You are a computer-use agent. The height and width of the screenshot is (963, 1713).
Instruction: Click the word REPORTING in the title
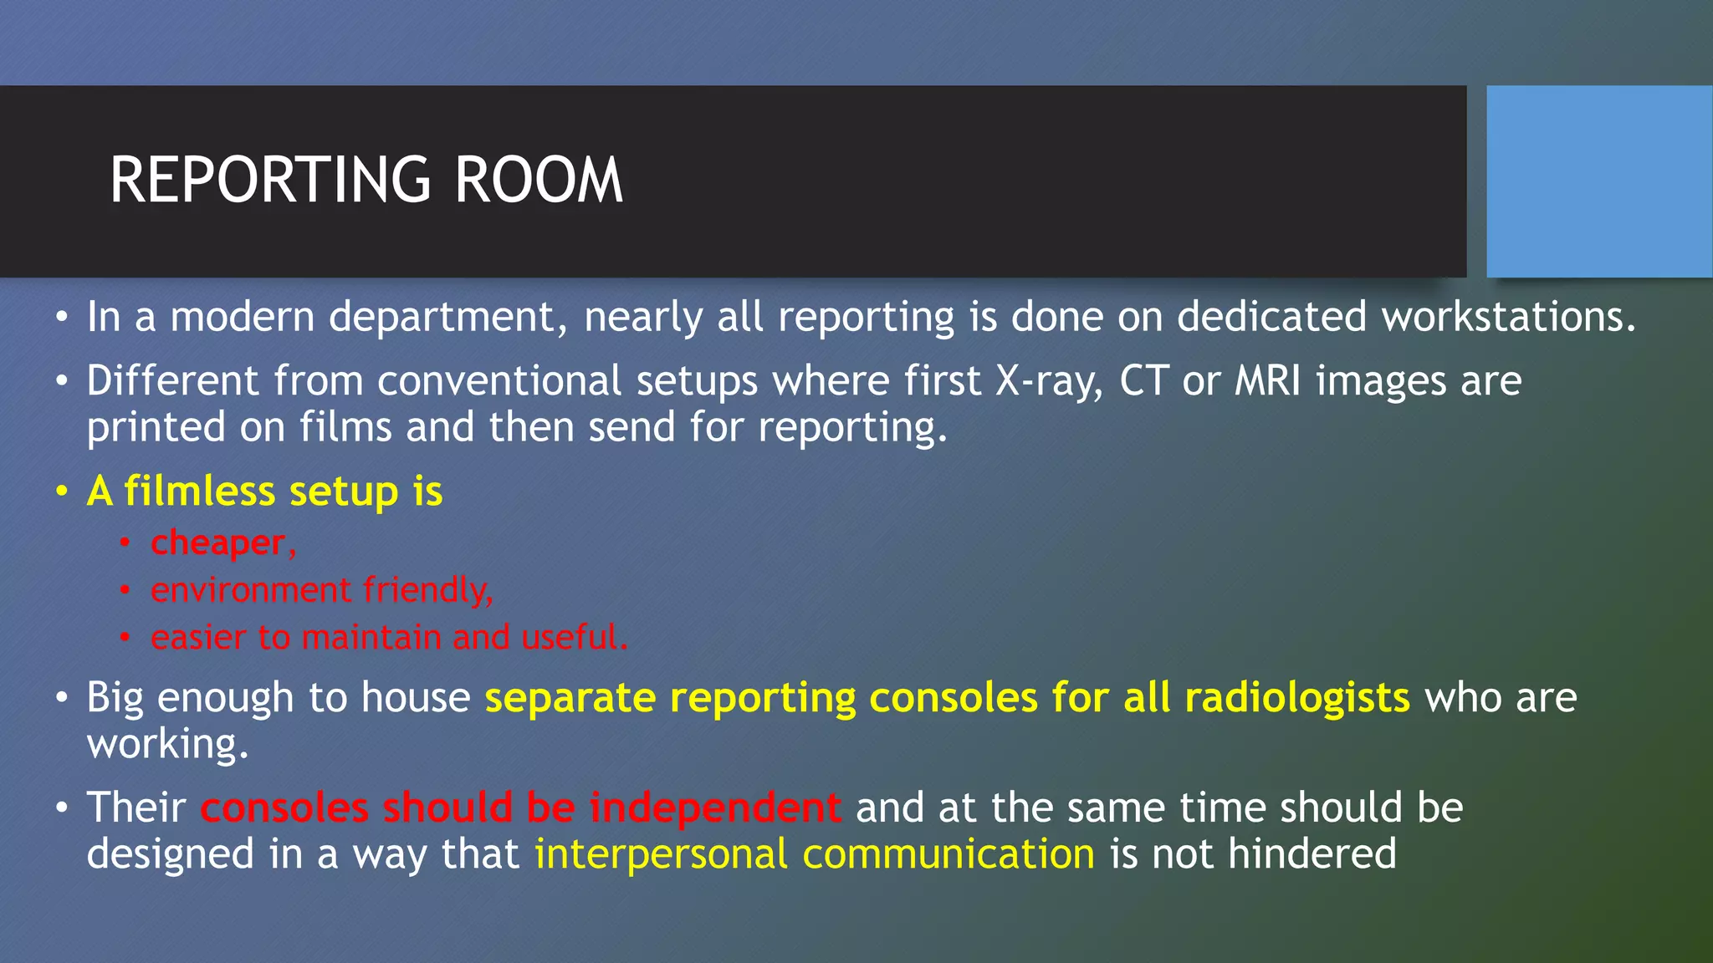tap(270, 181)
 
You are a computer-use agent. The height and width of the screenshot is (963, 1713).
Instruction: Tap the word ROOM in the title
tap(539, 181)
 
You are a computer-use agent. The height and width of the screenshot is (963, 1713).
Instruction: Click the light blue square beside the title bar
tap(1598, 181)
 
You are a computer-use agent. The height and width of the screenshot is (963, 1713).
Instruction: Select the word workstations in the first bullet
tap(1507, 318)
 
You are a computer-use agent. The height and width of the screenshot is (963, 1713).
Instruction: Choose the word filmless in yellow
tap(199, 492)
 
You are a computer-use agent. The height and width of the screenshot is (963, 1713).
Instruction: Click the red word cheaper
tap(217, 543)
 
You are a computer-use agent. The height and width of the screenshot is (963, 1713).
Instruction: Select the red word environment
tap(251, 591)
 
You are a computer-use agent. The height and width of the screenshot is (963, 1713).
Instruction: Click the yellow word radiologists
tap(1297, 698)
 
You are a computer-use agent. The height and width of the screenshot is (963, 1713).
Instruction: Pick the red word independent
tap(715, 808)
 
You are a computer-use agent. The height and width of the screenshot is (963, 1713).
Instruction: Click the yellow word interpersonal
tap(661, 854)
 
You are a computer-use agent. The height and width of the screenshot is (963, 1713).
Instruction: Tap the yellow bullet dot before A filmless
tap(62, 492)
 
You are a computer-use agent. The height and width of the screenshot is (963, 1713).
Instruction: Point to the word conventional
tap(499, 381)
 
